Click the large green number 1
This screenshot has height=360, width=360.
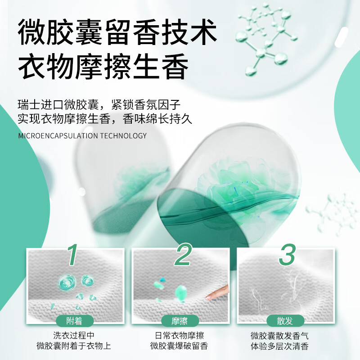coord(73,255)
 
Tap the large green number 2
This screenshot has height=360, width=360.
coord(183,255)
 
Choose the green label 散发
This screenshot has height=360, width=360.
coord(285,321)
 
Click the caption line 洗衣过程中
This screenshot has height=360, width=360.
coord(74,336)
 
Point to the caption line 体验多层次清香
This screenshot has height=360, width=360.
coord(285,346)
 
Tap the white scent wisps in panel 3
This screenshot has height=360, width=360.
coord(288,288)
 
